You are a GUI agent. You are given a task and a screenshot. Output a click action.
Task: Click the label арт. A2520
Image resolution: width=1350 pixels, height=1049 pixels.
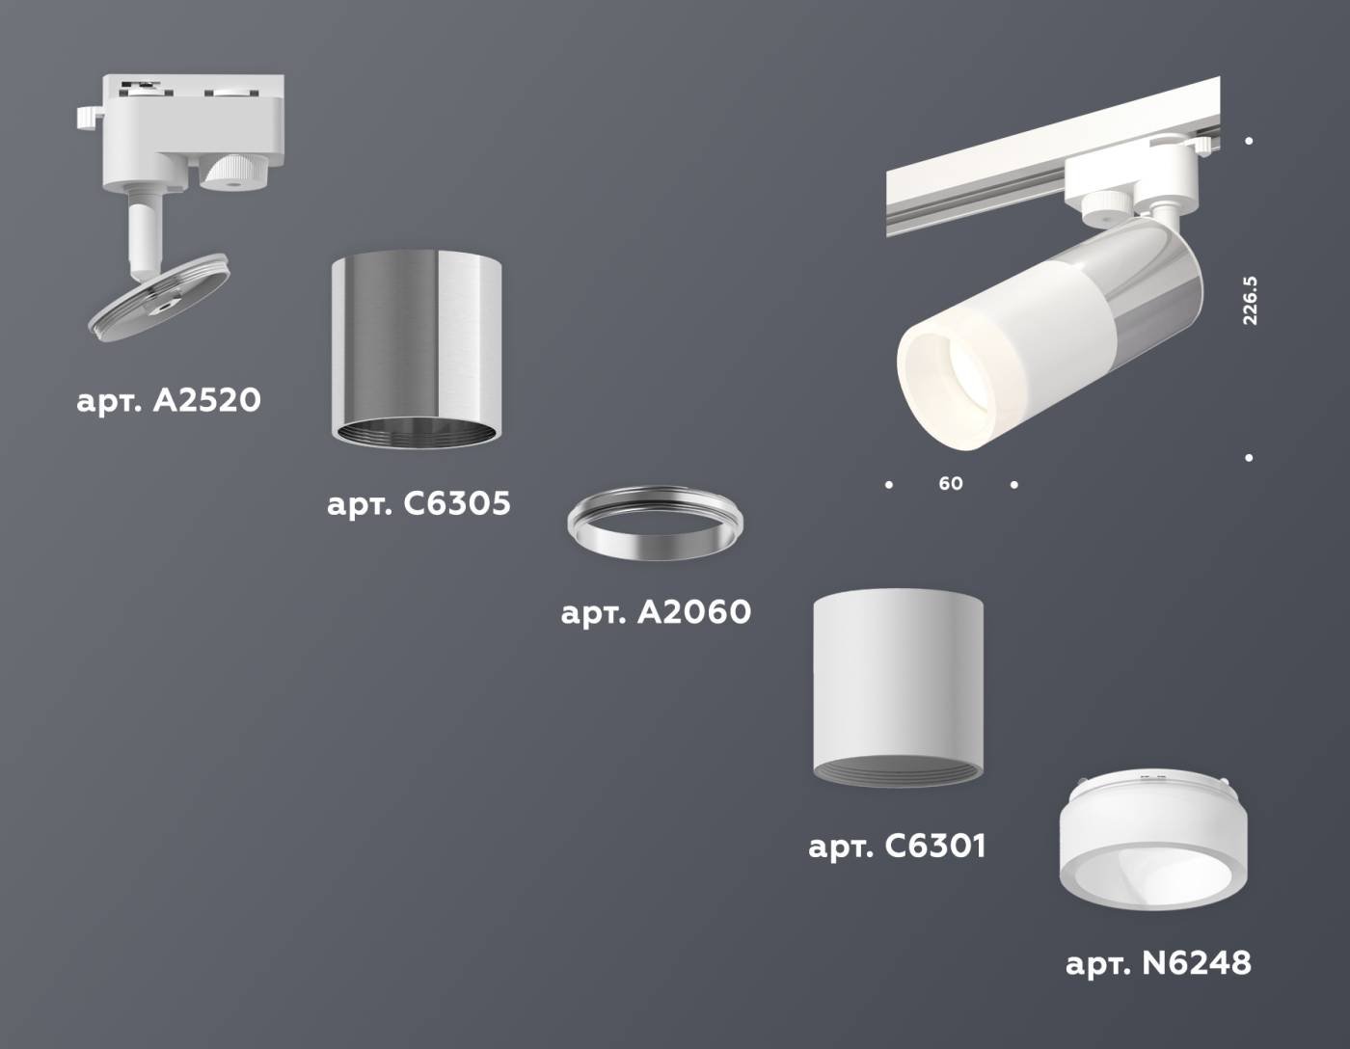[169, 400]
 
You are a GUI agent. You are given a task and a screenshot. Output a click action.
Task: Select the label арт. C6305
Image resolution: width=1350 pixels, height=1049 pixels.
[418, 503]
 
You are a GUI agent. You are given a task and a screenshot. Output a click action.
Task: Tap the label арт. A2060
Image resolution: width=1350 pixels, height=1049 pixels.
[656, 611]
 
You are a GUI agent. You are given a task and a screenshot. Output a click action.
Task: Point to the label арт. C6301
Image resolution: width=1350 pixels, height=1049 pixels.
[897, 847]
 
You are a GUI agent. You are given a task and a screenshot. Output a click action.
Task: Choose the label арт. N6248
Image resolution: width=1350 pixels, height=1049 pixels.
[1158, 962]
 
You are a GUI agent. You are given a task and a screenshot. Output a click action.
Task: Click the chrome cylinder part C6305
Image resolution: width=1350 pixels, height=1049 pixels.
[417, 347]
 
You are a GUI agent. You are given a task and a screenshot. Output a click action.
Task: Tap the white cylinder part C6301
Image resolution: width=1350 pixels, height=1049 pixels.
[898, 685]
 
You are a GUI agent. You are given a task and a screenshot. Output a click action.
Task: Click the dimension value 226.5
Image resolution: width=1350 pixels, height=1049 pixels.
[1250, 300]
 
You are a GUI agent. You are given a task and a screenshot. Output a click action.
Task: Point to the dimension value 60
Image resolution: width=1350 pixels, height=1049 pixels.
[951, 483]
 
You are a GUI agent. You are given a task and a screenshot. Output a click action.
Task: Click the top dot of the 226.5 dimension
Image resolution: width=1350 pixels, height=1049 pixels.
[1249, 141]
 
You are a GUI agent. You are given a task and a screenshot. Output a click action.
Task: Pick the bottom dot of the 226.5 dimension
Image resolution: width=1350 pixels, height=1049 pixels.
[1249, 458]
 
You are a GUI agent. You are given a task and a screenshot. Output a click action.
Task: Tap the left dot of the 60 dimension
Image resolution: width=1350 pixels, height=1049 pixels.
[889, 484]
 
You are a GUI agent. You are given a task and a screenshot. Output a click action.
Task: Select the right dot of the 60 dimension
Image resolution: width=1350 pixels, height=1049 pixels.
[1013, 484]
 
